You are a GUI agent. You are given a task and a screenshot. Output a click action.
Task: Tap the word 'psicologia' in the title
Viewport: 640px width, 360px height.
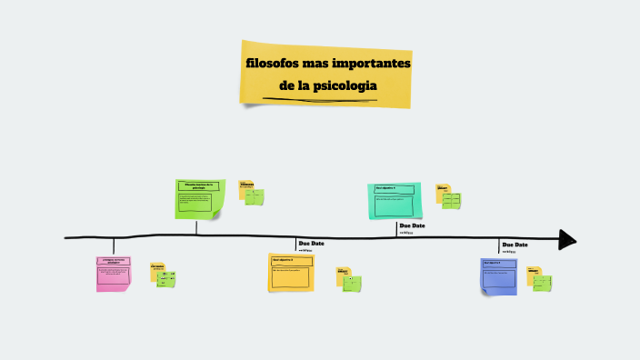pos(345,86)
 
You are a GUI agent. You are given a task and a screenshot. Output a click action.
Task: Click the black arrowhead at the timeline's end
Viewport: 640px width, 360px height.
pos(567,240)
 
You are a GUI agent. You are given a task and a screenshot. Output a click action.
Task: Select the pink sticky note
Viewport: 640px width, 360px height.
pos(114,274)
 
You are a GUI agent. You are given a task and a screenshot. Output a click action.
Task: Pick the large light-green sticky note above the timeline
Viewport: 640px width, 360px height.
pos(198,198)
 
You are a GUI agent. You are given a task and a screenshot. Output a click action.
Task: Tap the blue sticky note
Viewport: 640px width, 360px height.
pos(499,275)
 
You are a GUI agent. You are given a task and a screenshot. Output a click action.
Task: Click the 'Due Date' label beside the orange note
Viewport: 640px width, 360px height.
pos(311,244)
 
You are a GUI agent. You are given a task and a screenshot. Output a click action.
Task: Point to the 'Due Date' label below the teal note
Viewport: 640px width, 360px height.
pos(412,225)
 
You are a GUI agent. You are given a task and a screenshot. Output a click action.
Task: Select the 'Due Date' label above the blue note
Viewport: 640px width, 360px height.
pos(515,245)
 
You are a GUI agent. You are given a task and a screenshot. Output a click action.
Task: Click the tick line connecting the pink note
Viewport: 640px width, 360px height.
pos(114,246)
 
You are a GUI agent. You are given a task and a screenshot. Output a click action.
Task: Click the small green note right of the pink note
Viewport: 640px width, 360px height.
pos(166,279)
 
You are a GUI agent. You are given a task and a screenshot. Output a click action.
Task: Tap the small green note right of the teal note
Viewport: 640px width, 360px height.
pos(451,200)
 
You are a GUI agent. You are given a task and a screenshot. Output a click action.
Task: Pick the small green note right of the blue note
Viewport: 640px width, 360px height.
pos(542,283)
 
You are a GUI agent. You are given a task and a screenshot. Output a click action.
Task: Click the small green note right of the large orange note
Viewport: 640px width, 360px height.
pos(352,283)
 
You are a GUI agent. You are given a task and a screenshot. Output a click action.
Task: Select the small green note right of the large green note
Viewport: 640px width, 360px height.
pos(255,196)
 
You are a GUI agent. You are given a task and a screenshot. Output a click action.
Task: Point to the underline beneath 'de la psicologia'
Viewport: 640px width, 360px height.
pos(318,97)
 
